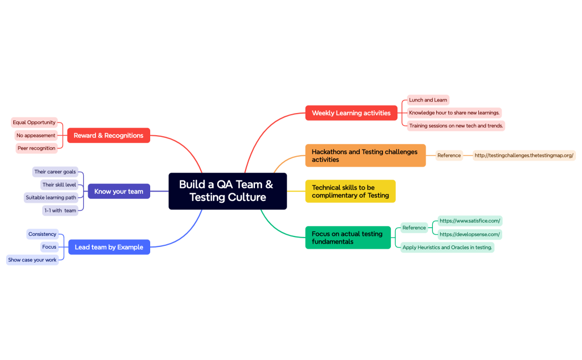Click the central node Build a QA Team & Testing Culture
point(227,191)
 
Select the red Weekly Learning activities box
point(351,113)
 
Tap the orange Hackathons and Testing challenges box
point(365,156)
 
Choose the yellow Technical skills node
point(350,191)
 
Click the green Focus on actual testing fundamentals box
point(348,238)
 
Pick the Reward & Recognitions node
point(109,135)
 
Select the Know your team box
point(119,192)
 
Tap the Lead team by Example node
point(109,247)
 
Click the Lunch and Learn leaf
point(428,100)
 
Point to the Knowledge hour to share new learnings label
point(455,113)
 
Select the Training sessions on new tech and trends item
point(456,126)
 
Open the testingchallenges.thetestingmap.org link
point(524,156)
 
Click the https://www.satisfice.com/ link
point(470,221)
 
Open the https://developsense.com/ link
point(470,234)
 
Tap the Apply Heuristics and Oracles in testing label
point(447,248)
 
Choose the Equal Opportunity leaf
point(34,122)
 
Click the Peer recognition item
point(36,148)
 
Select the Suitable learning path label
point(51,198)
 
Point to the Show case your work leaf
point(32,260)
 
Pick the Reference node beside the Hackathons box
point(449,156)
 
